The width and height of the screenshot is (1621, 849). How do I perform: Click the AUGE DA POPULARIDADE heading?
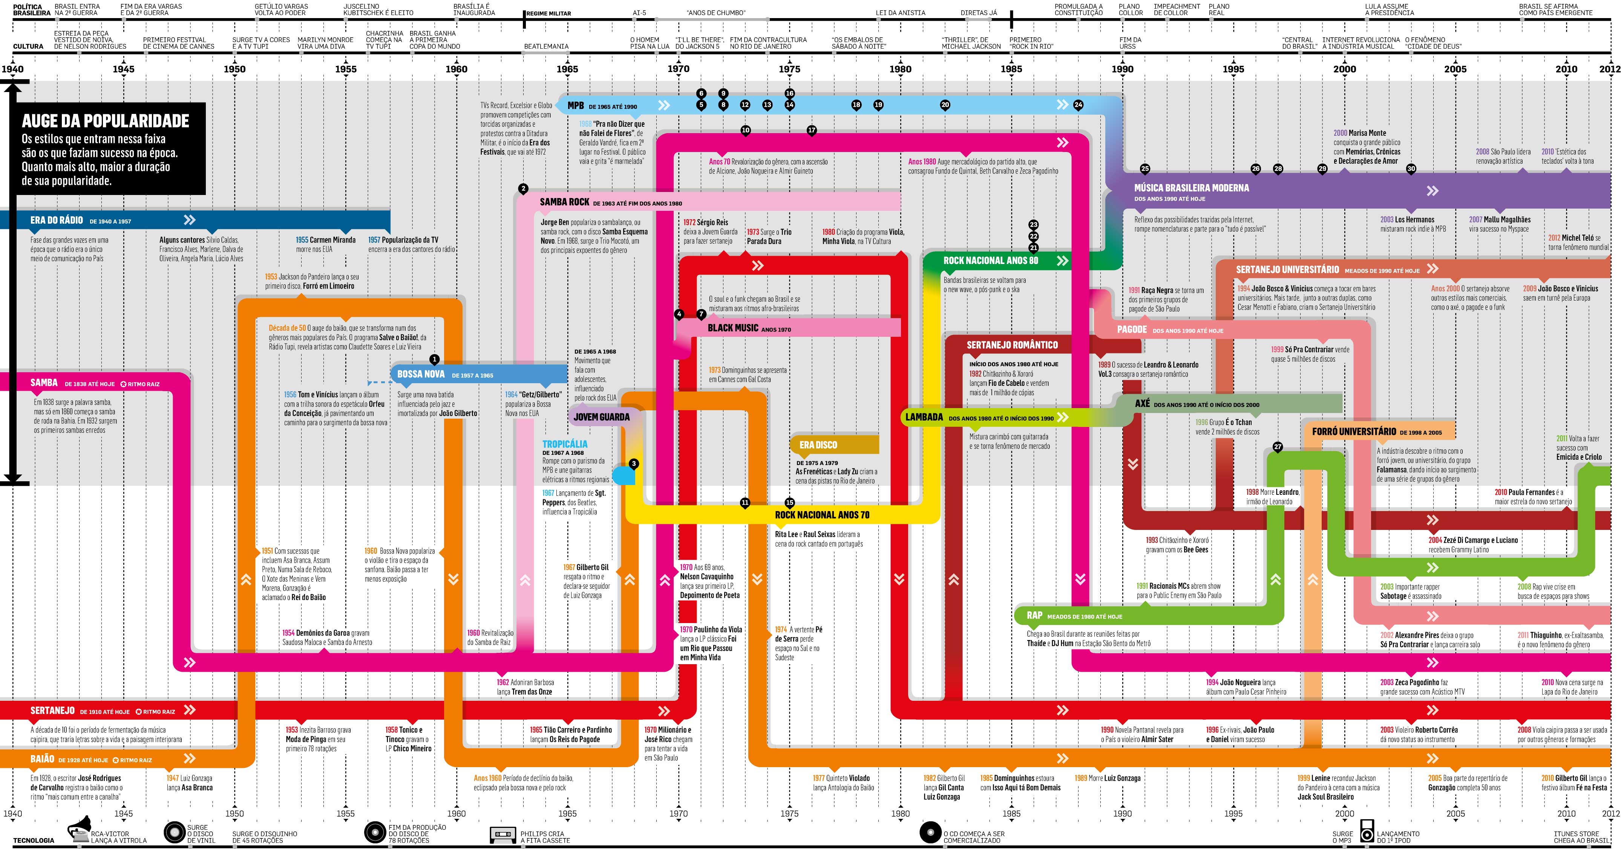(x=105, y=121)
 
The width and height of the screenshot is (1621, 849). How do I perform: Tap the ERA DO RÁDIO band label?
(x=57, y=220)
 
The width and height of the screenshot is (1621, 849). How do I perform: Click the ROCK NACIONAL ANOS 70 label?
(x=822, y=515)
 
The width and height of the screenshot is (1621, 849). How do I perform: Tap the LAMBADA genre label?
(x=924, y=417)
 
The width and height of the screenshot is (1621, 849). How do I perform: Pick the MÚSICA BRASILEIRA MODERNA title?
(x=1191, y=187)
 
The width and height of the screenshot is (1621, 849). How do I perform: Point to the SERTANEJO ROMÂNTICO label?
(x=1012, y=345)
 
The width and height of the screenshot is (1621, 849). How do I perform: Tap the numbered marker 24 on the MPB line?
(x=1078, y=105)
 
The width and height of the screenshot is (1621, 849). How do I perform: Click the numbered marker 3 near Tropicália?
(x=634, y=464)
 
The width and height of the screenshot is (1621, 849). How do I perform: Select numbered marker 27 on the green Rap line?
(x=1278, y=447)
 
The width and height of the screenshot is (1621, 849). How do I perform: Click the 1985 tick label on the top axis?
(x=1011, y=69)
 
